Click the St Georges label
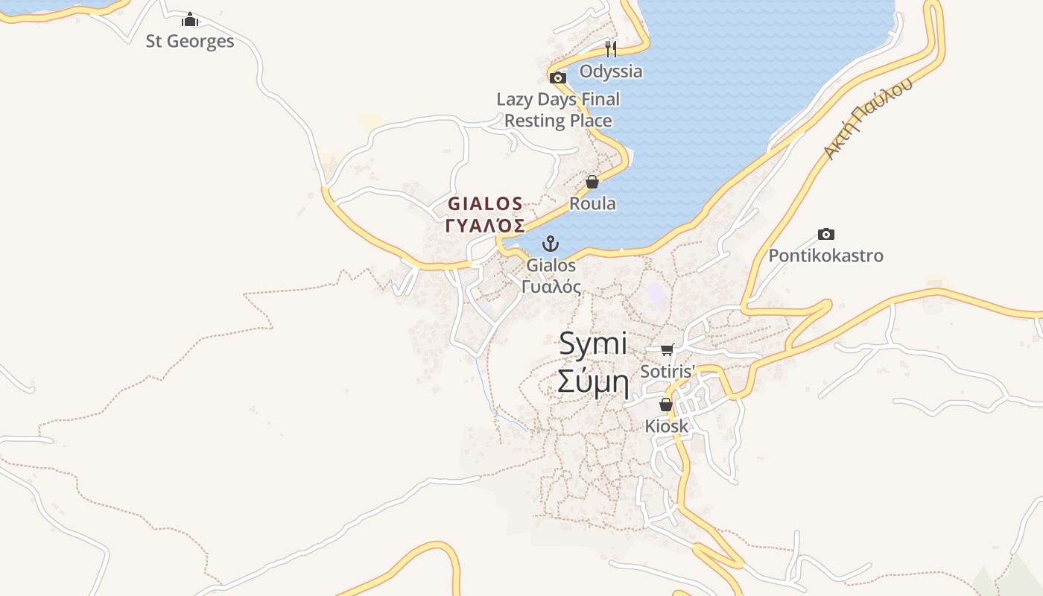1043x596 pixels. [190, 41]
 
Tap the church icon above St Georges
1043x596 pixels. [190, 19]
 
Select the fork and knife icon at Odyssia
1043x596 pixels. [611, 49]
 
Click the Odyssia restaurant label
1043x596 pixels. [611, 72]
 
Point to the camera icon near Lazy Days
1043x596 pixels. [557, 77]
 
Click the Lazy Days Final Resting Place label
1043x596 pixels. [558, 110]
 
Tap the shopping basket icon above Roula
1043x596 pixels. [592, 182]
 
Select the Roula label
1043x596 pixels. [592, 203]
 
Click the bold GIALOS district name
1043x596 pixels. [485, 203]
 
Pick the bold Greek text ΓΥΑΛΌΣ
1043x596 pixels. [485, 226]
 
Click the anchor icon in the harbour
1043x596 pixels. [550, 244]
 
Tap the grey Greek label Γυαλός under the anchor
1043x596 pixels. [551, 287]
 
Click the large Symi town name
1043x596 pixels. [593, 344]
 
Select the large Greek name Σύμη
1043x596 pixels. [593, 383]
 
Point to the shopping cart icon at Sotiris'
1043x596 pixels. [668, 349]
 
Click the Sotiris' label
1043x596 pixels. [668, 371]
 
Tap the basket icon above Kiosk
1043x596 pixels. [666, 405]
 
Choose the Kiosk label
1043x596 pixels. [666, 427]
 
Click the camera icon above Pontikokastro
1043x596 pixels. [825, 234]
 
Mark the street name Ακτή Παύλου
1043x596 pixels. [867, 118]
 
